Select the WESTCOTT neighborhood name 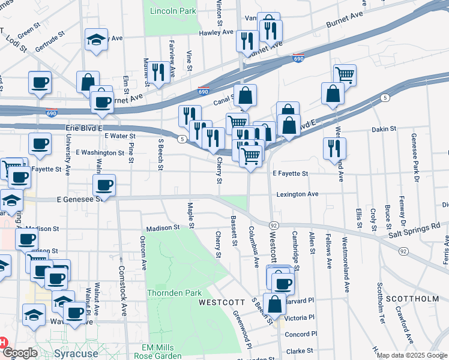click(220, 302)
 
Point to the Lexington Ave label click(297, 194)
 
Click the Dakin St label click(384, 128)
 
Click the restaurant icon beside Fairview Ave click(158, 72)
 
